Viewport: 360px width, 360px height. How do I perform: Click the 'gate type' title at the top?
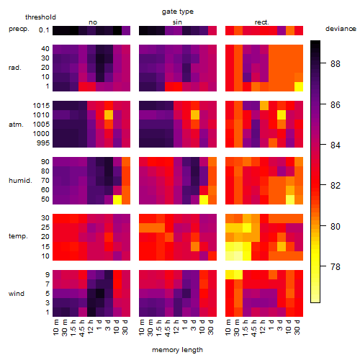pyautogui.click(x=178, y=12)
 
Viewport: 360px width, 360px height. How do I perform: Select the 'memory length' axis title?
pyautogui.click(x=177, y=350)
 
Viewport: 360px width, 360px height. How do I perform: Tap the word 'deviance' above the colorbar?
pyautogui.click(x=341, y=29)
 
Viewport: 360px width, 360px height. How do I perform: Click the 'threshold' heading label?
pyautogui.click(x=40, y=17)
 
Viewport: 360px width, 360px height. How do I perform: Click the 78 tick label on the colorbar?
pyautogui.click(x=335, y=266)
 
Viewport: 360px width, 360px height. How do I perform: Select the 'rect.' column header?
pyautogui.click(x=261, y=22)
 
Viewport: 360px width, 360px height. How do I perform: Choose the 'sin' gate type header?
pyautogui.click(x=177, y=22)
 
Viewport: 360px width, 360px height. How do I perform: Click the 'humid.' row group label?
pyautogui.click(x=20, y=181)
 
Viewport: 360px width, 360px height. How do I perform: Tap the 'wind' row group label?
pyautogui.click(x=17, y=294)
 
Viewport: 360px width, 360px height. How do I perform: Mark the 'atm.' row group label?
pyautogui.click(x=16, y=125)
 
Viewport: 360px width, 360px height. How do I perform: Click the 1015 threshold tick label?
pyautogui.click(x=41, y=106)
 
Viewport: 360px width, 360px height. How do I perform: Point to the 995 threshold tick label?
pyautogui.click(x=43, y=143)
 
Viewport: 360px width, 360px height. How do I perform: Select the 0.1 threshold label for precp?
pyautogui.click(x=44, y=30)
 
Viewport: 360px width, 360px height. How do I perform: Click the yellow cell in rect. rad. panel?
pyautogui.click(x=299, y=86)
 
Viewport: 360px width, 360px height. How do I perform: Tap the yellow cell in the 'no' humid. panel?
pyautogui.click(x=117, y=199)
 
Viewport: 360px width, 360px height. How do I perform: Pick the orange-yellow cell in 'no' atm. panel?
pyautogui.click(x=109, y=115)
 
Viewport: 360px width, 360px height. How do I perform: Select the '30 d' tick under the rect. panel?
pyautogui.click(x=297, y=327)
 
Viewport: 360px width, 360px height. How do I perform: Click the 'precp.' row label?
pyautogui.click(x=19, y=29)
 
